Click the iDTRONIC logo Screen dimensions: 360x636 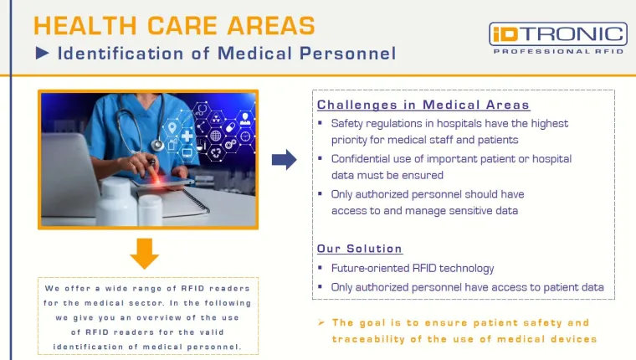point(557,33)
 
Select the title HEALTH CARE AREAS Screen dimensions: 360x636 point(175,25)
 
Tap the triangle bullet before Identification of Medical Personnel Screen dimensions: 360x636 point(43,54)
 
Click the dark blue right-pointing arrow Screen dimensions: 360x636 point(285,159)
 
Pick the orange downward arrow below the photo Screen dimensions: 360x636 point(145,252)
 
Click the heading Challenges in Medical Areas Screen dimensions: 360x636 point(423,105)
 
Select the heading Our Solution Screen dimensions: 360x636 point(360,249)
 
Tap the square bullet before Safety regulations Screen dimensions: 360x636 point(321,124)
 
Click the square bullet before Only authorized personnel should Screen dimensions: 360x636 point(321,194)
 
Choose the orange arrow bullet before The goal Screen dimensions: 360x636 point(321,322)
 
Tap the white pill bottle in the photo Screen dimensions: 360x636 point(115,200)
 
